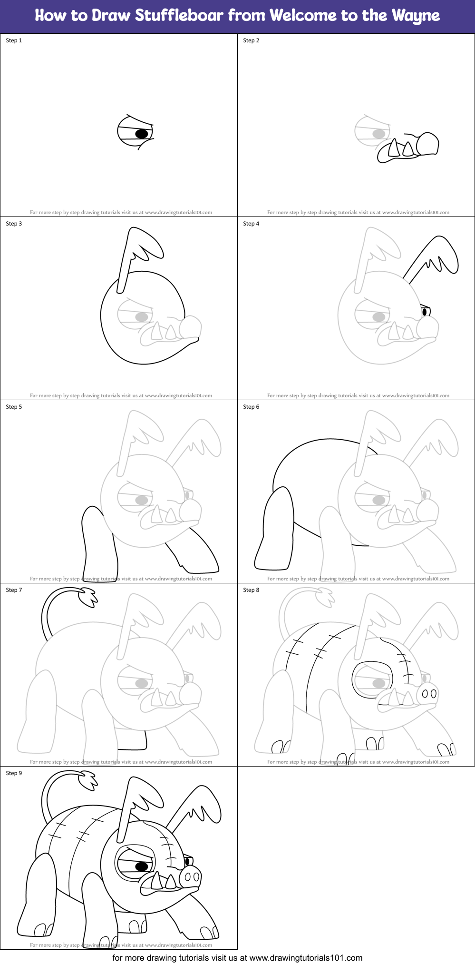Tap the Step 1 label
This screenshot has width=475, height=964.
pyautogui.click(x=14, y=40)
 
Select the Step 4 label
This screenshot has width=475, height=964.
pyautogui.click(x=251, y=224)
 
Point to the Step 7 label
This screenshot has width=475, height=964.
pyautogui.click(x=14, y=590)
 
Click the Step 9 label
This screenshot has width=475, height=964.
pyautogui.click(x=14, y=773)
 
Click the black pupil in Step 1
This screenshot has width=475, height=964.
pyautogui.click(x=141, y=134)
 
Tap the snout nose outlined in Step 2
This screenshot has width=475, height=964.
pyautogui.click(x=427, y=144)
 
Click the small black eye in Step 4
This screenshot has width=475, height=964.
pyautogui.click(x=424, y=312)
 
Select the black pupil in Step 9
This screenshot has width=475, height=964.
pyautogui.click(x=141, y=866)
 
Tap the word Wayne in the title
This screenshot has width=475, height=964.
pyautogui.click(x=416, y=16)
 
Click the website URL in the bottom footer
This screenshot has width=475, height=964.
pyautogui.click(x=306, y=958)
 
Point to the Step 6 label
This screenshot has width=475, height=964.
pyautogui.click(x=251, y=407)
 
